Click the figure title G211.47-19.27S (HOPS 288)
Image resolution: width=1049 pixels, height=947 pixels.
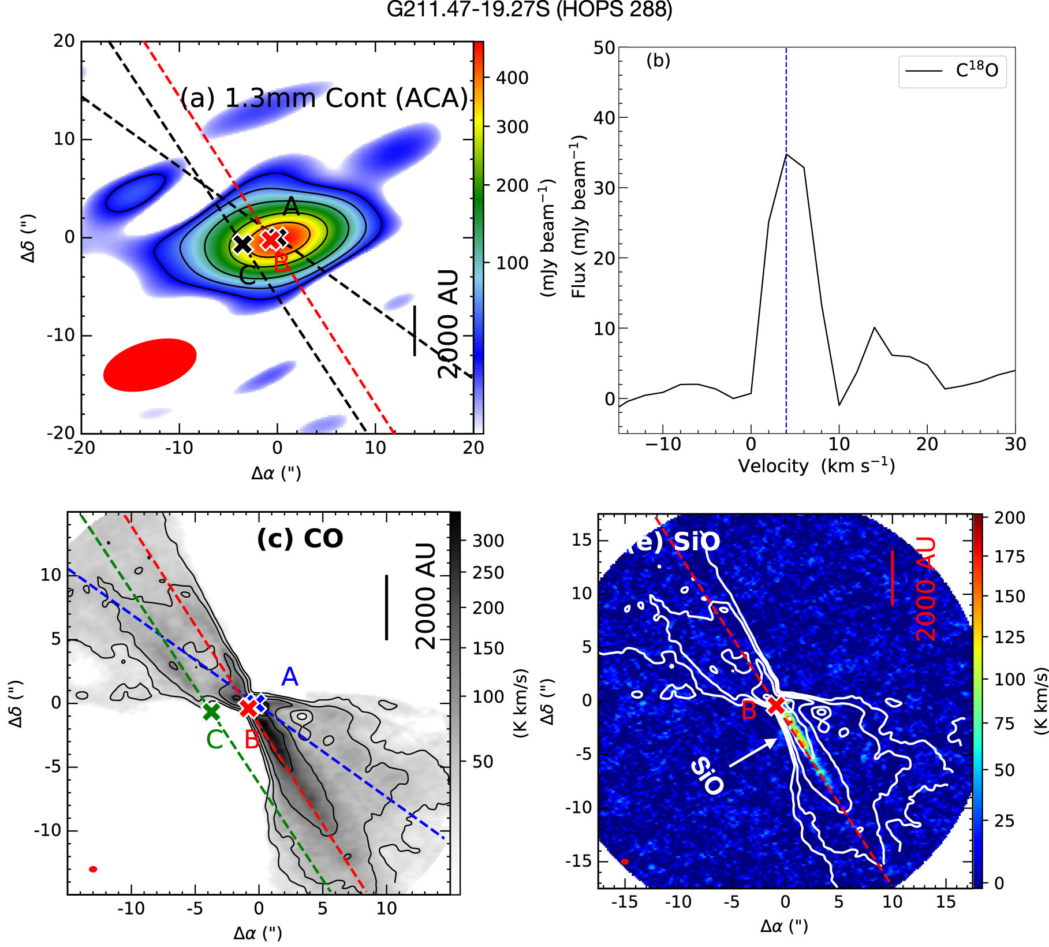click(529, 10)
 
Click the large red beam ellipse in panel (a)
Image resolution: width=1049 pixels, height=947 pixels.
click(150, 365)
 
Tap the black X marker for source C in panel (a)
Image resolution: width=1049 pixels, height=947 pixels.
click(242, 244)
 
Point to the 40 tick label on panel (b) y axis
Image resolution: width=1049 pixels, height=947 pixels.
click(604, 118)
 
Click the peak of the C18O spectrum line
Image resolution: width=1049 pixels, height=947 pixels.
click(786, 155)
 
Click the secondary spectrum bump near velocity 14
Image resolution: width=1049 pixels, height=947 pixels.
click(875, 328)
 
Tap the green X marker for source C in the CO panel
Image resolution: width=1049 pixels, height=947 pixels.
click(211, 711)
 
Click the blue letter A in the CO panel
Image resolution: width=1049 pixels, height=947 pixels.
click(289, 677)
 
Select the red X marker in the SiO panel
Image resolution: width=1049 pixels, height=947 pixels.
click(775, 705)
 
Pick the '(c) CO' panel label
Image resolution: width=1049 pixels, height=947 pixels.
click(300, 539)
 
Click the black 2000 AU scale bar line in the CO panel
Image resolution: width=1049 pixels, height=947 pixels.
click(386, 607)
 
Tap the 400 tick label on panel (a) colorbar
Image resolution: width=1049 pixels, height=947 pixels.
click(512, 77)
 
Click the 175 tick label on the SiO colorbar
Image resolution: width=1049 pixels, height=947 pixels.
click(1009, 557)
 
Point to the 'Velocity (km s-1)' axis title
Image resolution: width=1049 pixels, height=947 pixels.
click(816, 466)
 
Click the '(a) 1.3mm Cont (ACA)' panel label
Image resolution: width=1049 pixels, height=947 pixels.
click(324, 98)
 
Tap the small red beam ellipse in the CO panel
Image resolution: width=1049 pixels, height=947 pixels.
click(93, 869)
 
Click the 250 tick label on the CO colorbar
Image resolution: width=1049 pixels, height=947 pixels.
click(488, 573)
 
